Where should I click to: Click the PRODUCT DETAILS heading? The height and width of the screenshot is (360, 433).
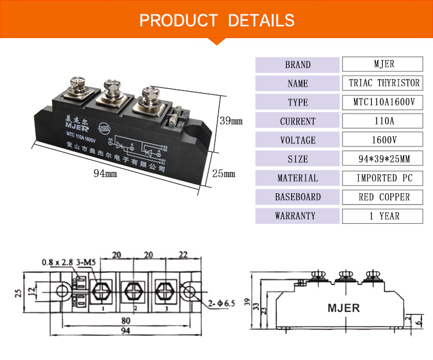216,20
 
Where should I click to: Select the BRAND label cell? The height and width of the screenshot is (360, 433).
298,65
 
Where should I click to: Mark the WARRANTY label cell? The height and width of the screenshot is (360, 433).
298,216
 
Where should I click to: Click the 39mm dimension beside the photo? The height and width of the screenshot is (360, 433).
231,122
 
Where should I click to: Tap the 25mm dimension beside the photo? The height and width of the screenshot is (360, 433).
224,174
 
